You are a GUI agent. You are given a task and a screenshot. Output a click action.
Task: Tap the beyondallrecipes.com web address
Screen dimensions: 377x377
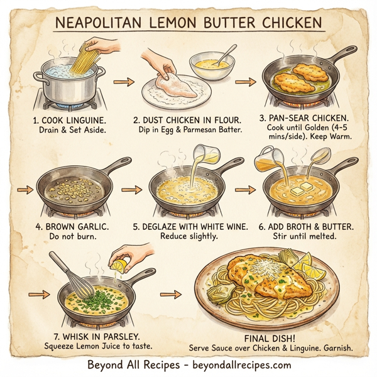pos(236,364)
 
